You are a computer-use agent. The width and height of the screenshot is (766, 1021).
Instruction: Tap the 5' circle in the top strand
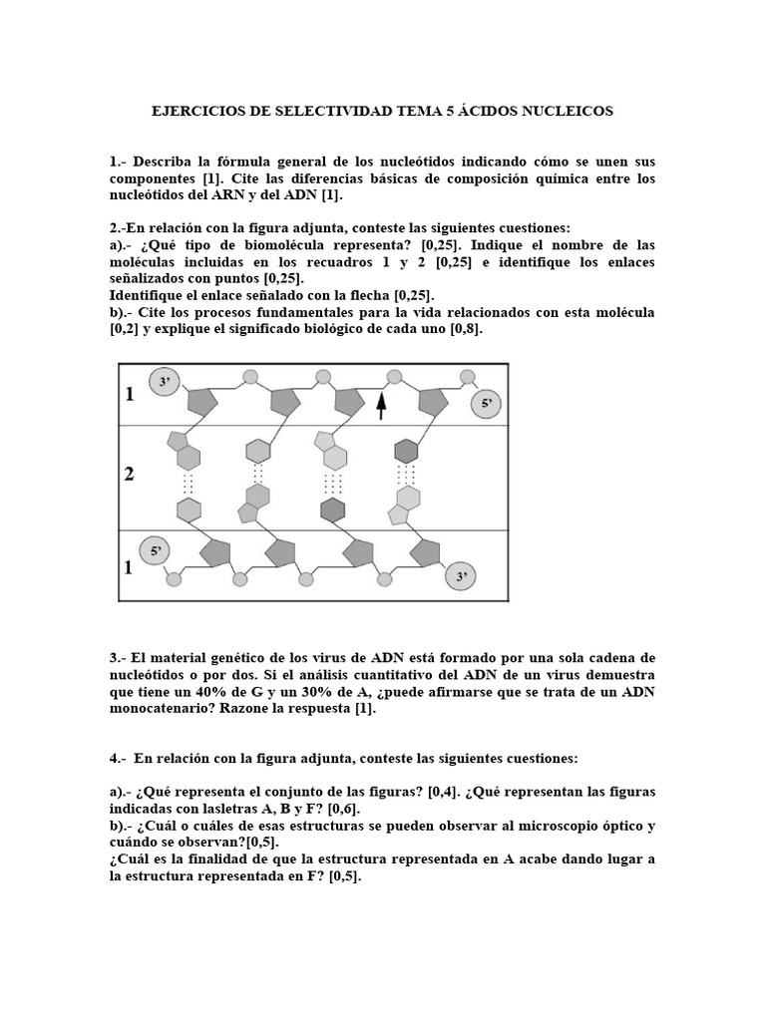487,404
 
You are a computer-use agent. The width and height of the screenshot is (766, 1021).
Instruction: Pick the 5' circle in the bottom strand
155,549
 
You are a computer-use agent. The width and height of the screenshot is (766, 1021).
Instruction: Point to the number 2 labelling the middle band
129,474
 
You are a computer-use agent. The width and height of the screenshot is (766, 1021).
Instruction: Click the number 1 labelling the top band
129,395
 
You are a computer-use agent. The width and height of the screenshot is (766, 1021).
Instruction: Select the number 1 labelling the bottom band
129,567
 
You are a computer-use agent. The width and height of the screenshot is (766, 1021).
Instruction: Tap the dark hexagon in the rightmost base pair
405,451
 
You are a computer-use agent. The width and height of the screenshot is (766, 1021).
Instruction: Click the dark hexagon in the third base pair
332,510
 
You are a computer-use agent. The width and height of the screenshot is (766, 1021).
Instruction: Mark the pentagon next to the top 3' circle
202,402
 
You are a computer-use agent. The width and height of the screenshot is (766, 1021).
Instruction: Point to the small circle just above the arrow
394,377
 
